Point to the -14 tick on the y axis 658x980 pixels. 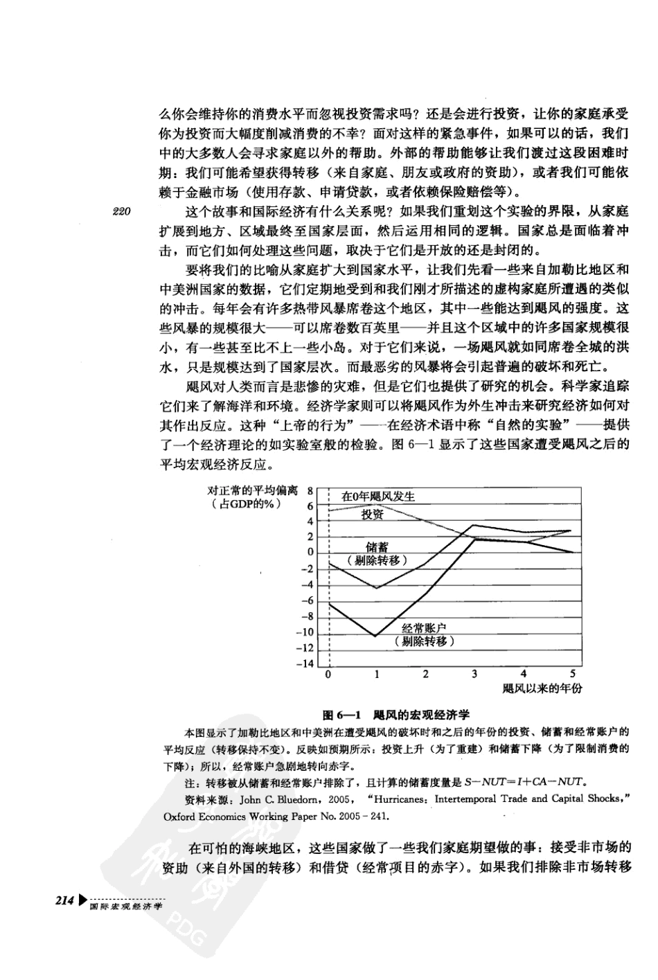[x=305, y=663]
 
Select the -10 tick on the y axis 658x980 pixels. [x=305, y=632]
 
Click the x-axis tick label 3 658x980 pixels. [x=474, y=674]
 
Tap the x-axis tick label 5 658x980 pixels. [x=572, y=674]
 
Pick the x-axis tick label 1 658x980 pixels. [x=377, y=674]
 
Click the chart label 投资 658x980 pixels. [x=372, y=515]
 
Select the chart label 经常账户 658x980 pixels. [x=424, y=628]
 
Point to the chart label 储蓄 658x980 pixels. [x=377, y=548]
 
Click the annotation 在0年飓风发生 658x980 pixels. [x=378, y=497]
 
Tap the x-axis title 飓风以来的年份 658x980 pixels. [x=542, y=688]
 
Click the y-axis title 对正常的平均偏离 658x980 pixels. [x=253, y=490]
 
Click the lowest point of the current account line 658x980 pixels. [x=375, y=636]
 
